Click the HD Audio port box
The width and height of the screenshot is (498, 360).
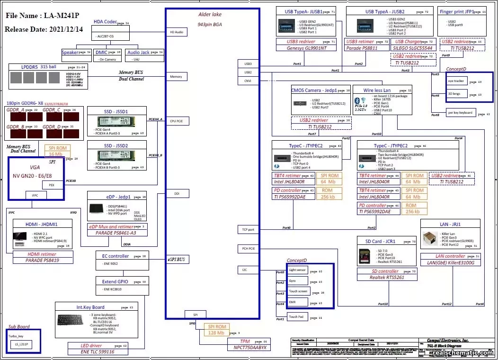pos(176,32)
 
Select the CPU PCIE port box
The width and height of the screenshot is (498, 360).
pos(176,121)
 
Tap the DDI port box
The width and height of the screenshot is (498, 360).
pos(176,193)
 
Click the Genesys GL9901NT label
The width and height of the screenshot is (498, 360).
pos(306,48)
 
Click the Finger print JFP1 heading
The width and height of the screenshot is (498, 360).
pos(456,11)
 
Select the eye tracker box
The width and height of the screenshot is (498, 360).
pos(456,81)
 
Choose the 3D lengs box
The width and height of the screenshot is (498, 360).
pos(456,94)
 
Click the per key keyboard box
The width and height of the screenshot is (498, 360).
pos(459,113)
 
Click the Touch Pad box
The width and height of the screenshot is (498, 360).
pos(298,317)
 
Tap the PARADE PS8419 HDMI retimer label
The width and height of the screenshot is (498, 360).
pos(43,260)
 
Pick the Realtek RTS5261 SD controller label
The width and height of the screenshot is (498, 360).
pos(387,278)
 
